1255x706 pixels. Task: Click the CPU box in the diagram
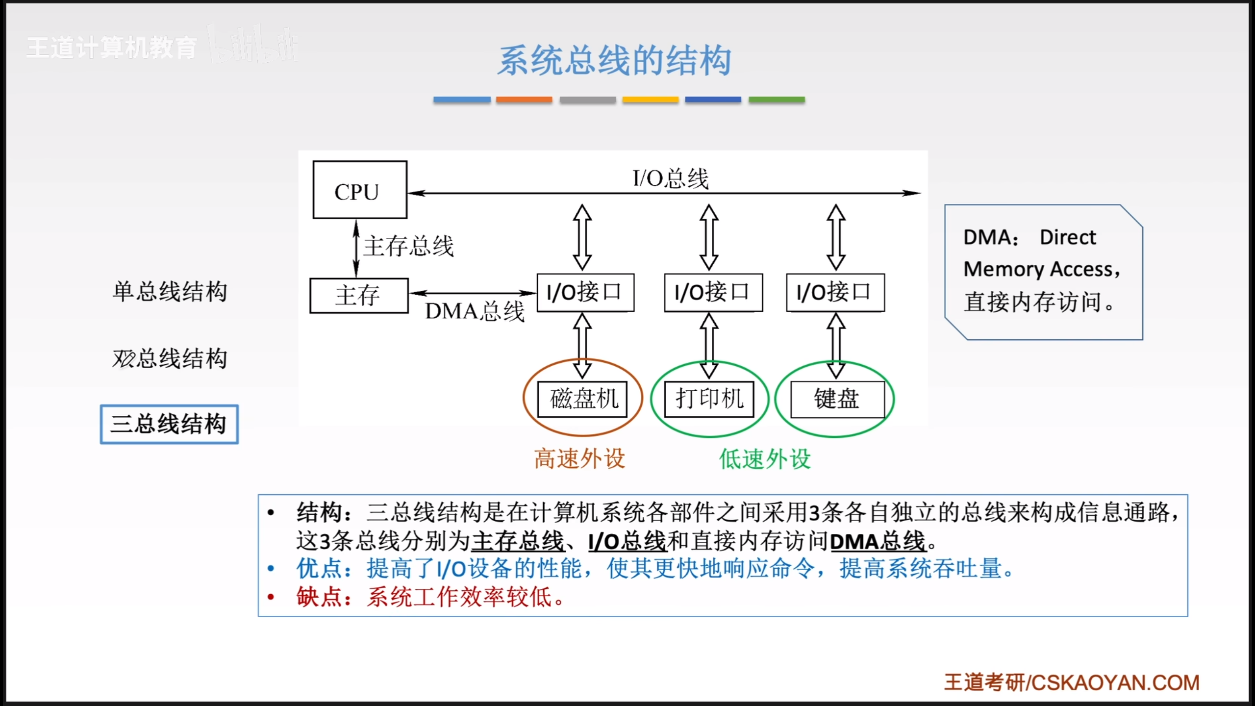tap(359, 190)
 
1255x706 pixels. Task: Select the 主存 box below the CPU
tap(358, 295)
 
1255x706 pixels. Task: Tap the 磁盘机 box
tap(582, 399)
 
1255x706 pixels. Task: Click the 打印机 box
tap(709, 399)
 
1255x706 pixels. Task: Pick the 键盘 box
tap(837, 399)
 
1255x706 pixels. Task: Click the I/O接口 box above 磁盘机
tap(585, 293)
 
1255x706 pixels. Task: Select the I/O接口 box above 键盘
tap(835, 293)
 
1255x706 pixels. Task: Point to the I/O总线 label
tap(670, 178)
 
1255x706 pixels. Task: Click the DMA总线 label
tap(474, 311)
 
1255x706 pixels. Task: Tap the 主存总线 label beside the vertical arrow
tap(408, 246)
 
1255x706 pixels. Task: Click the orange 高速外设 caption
tap(579, 459)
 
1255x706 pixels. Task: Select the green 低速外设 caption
tap(764, 459)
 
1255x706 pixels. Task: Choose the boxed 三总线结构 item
tap(169, 424)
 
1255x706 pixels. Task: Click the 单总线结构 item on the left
tap(170, 292)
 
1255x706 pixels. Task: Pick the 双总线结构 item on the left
tap(170, 358)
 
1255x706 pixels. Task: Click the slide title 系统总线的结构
tap(614, 61)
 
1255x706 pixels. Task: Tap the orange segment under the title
tap(524, 100)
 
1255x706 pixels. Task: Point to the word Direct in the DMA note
tap(1067, 237)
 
